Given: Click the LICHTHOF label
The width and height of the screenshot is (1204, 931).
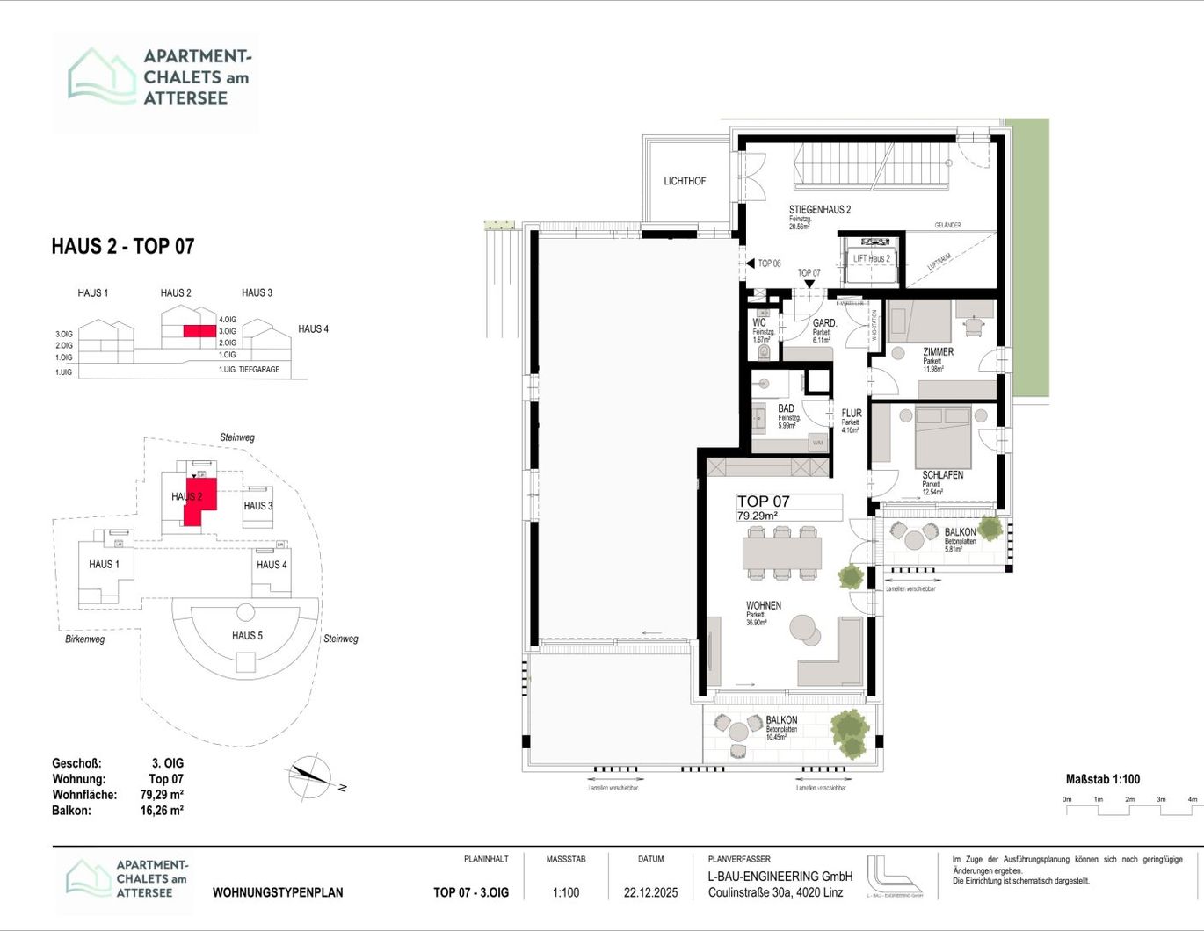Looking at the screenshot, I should pyautogui.click(x=685, y=181).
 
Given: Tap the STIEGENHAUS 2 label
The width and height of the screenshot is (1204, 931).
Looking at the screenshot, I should pyautogui.click(x=819, y=210).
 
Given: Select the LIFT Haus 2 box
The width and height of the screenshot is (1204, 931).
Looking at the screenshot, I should pyautogui.click(x=871, y=259).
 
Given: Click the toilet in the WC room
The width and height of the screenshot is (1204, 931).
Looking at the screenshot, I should pyautogui.click(x=763, y=352).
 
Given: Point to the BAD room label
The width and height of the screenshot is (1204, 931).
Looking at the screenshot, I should pyautogui.click(x=786, y=408).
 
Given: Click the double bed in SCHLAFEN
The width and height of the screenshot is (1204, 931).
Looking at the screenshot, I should pyautogui.click(x=943, y=437).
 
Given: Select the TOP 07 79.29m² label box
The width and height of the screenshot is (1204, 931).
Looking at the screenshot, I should pyautogui.click(x=788, y=508).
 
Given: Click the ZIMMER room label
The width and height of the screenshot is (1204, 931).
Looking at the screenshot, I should pyautogui.click(x=938, y=352).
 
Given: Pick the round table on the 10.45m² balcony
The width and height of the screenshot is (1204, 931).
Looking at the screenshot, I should pyautogui.click(x=738, y=732).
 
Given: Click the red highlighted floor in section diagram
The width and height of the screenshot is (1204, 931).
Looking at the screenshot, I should pyautogui.click(x=199, y=331).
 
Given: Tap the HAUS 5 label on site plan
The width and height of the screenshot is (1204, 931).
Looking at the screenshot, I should pyautogui.click(x=247, y=636).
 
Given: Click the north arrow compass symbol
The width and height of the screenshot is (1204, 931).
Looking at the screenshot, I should pyautogui.click(x=309, y=776).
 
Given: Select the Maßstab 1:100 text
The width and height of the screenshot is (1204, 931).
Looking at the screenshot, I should pyautogui.click(x=1102, y=779).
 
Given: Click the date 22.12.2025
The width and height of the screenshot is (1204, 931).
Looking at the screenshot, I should pyautogui.click(x=650, y=892).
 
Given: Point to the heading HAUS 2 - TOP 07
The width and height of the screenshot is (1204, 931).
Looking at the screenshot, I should pyautogui.click(x=122, y=247).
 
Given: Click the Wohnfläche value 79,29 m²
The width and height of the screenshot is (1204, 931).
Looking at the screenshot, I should pyautogui.click(x=162, y=795).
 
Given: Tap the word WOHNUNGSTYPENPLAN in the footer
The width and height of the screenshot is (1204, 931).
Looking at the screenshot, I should pyautogui.click(x=278, y=892).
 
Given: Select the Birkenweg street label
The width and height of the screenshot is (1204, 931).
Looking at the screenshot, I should pyautogui.click(x=85, y=639).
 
